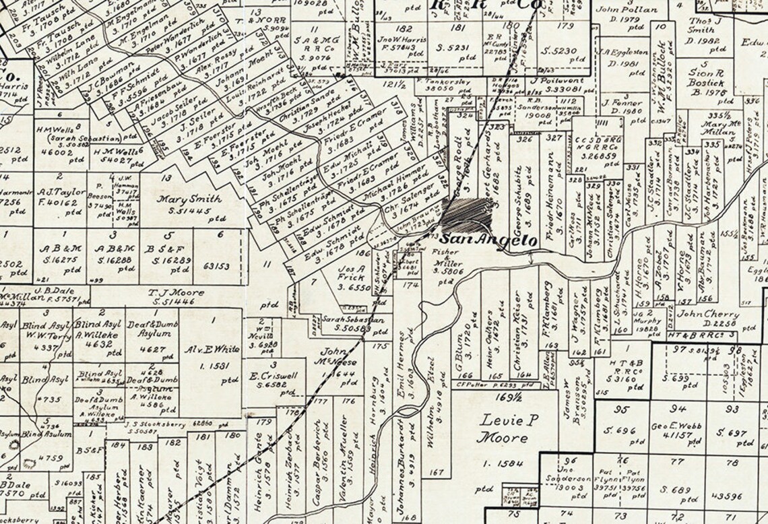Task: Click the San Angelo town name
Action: [488, 240]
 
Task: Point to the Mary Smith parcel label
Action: [181, 199]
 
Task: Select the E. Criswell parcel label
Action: [276, 376]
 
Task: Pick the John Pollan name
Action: [627, 9]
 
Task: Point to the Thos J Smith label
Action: [701, 25]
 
